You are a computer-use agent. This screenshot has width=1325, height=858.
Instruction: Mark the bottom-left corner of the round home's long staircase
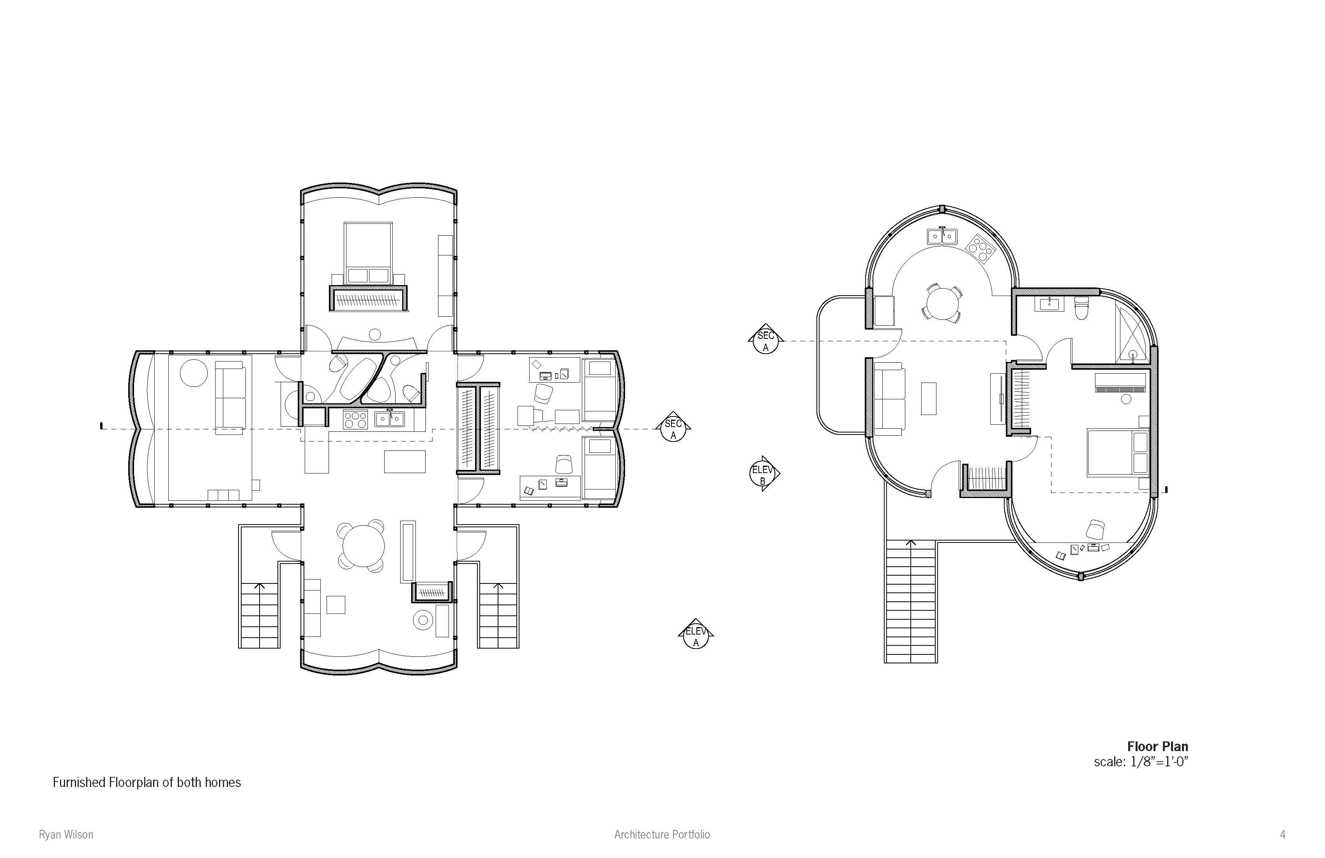[x=885, y=663]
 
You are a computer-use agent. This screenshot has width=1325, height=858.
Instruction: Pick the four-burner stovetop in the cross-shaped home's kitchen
[x=355, y=420]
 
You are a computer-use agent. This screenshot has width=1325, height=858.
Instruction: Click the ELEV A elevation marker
[x=696, y=635]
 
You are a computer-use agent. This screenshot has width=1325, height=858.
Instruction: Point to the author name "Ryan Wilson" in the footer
[x=66, y=834]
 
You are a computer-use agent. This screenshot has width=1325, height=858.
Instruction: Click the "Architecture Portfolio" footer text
[x=662, y=834]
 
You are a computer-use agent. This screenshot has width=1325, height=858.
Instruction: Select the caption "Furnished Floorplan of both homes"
[x=147, y=782]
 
